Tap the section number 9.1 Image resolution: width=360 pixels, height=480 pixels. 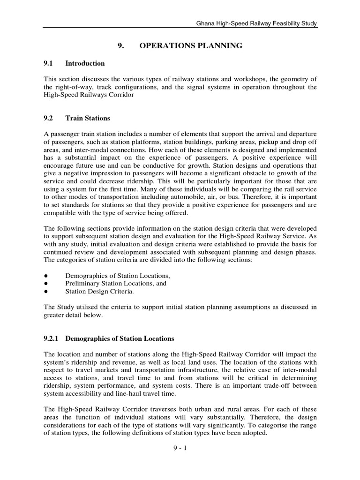[49, 63]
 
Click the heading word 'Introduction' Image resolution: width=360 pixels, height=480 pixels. [85, 63]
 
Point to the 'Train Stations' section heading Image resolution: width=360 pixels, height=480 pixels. [88, 118]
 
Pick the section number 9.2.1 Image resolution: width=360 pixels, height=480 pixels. [52, 338]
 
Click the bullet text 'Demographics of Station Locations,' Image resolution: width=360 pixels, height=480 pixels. [118, 276]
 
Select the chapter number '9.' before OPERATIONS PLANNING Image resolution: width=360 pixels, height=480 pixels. [120, 45]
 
